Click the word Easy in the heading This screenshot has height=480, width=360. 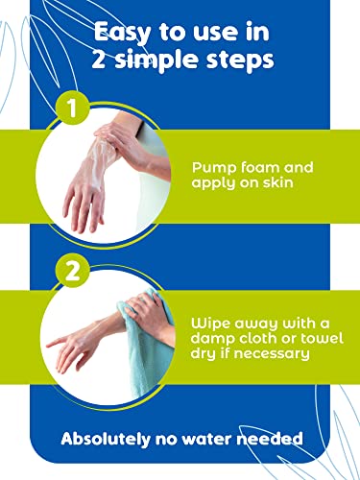tap(122, 33)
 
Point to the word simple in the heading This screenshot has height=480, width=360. tap(163, 60)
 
